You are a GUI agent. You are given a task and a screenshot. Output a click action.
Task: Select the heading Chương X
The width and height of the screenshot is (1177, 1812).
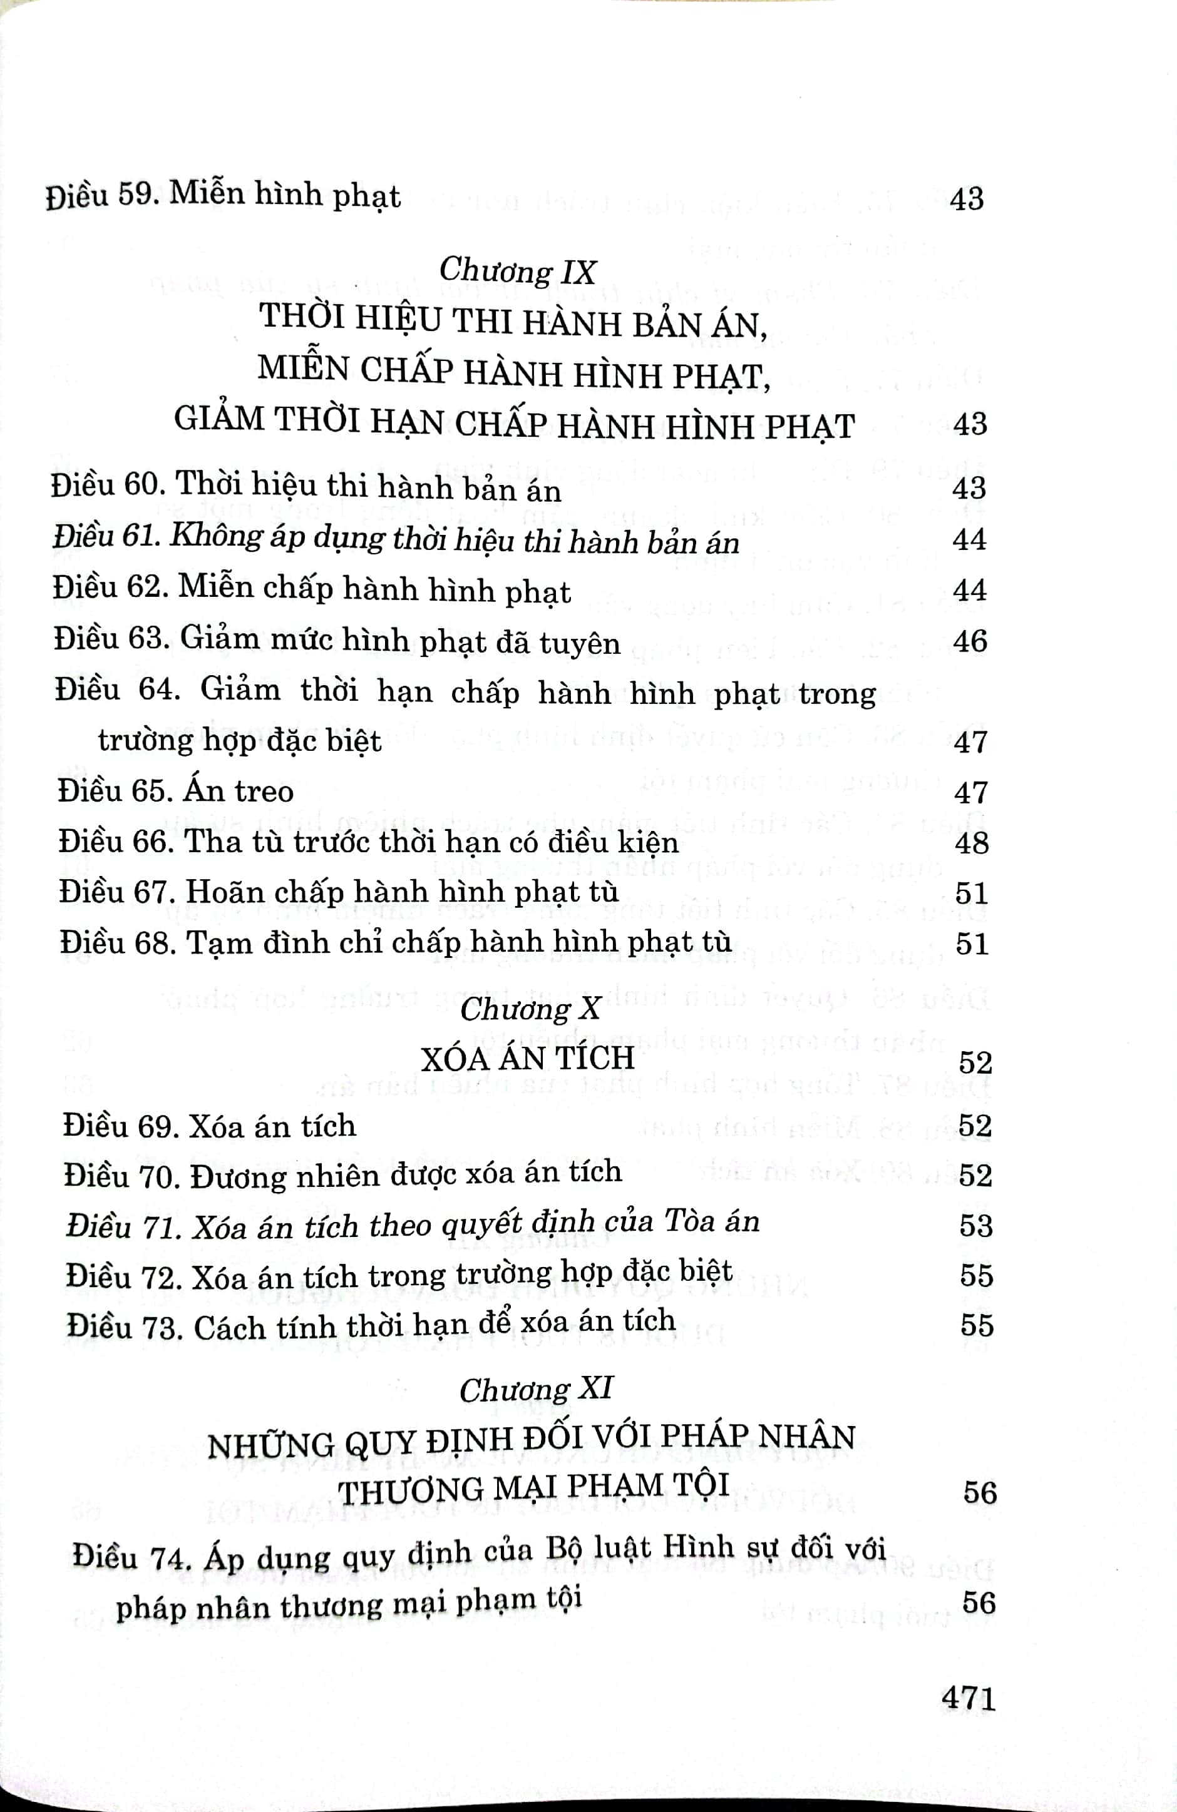point(530,1009)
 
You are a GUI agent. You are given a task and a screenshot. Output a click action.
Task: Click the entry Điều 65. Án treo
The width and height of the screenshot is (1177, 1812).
point(176,791)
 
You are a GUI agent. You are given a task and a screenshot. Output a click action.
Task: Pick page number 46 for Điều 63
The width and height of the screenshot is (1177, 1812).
point(970,641)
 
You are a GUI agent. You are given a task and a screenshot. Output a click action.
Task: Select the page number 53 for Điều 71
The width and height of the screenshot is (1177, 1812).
point(976,1225)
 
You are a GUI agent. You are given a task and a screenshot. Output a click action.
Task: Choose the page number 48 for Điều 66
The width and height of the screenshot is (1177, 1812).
point(971,842)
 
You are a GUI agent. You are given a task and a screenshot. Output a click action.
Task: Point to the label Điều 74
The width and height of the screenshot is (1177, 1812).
point(130,1556)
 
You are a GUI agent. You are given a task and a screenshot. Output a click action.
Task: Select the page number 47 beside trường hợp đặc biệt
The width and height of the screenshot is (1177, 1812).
point(970,741)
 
